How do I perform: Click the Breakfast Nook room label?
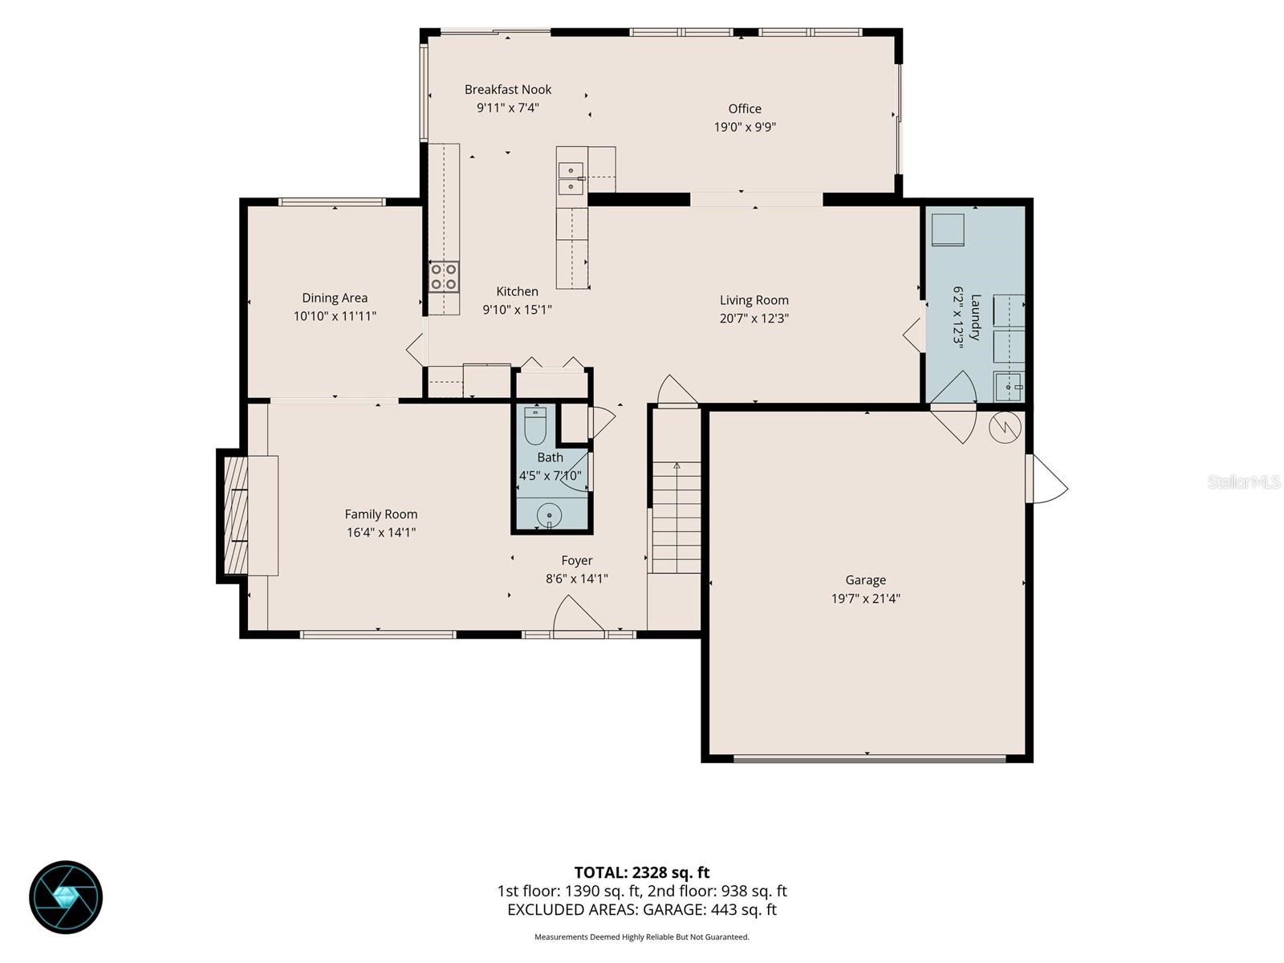[x=508, y=89]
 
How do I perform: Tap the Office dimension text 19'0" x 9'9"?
[x=745, y=127]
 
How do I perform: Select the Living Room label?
[x=754, y=300]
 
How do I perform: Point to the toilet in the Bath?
[x=534, y=425]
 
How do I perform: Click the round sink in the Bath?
[x=549, y=516]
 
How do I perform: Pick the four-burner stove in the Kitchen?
[x=444, y=277]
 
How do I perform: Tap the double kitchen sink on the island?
[x=571, y=178]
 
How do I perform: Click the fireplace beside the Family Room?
[x=236, y=516]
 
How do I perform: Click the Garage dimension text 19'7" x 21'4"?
[x=866, y=598]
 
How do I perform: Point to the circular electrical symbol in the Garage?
[x=1005, y=428]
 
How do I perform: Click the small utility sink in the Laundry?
[x=1009, y=387]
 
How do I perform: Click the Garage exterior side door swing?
[x=1047, y=478]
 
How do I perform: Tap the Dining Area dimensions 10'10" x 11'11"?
[x=335, y=316]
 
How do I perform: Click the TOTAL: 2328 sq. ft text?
[x=642, y=872]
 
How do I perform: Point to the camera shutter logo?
[x=66, y=897]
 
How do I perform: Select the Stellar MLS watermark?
[x=1244, y=482]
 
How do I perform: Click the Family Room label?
[x=381, y=514]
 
